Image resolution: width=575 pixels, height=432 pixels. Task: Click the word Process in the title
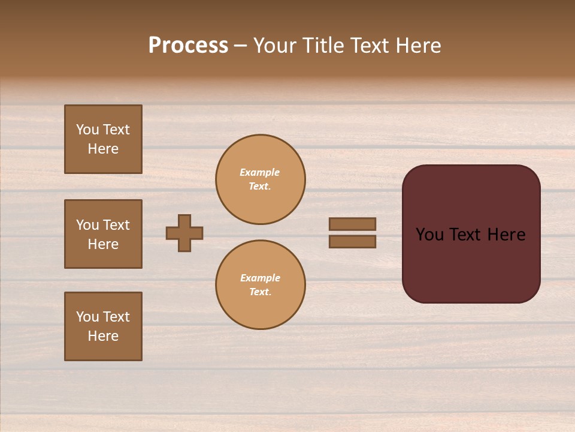188,46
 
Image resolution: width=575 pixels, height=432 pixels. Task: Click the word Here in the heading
417,46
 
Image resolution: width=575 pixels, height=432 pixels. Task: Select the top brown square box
103,139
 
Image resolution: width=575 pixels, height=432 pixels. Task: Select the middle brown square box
103,234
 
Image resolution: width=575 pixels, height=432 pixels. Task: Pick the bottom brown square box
103,326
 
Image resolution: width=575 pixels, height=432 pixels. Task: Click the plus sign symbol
184,233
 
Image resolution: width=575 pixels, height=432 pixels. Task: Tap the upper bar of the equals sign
353,224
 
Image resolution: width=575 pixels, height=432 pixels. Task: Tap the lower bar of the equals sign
353,241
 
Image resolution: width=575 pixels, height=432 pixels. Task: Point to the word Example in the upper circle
260,172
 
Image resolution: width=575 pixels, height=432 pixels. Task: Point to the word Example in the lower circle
260,278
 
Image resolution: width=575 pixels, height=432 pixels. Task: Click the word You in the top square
87,130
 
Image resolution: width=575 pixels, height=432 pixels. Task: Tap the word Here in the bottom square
103,336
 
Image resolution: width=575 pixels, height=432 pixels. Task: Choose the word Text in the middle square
116,225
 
